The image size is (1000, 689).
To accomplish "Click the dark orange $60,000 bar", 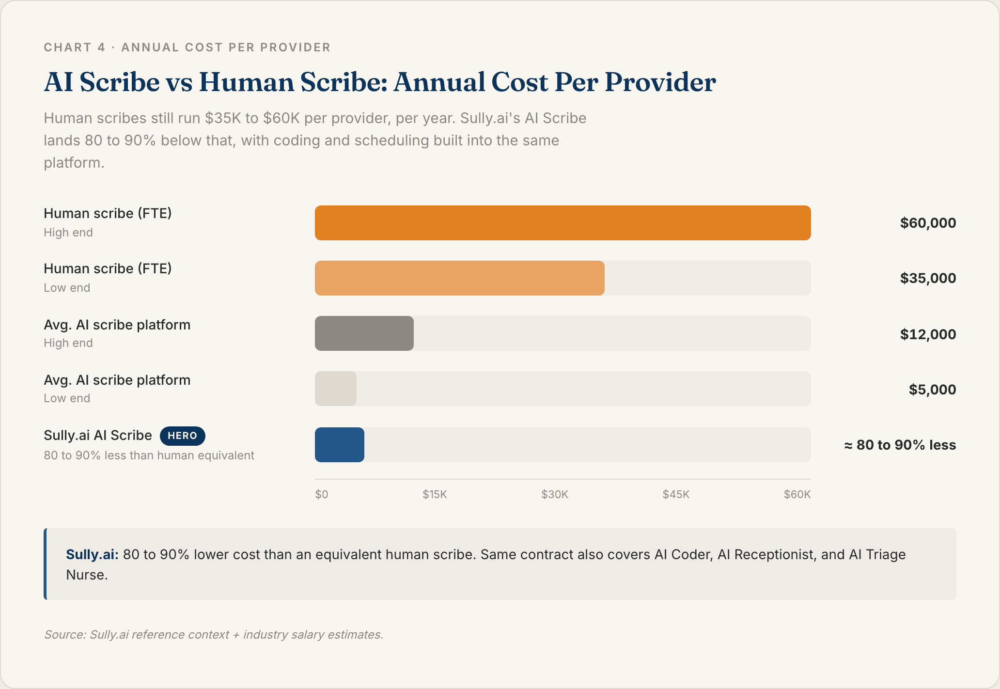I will (562, 223).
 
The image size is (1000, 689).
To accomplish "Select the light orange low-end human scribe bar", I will (459, 278).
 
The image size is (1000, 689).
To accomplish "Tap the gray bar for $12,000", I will (364, 333).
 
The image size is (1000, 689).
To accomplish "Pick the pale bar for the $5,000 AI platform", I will (335, 389).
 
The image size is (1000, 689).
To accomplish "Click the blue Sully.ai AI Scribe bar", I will (339, 445).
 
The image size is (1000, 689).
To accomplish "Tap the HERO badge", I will (182, 436).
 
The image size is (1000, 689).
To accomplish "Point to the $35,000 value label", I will (927, 278).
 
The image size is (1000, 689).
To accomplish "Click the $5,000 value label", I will (932, 390).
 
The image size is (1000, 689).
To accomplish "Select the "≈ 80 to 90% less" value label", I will (900, 445).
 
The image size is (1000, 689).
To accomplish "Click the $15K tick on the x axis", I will (435, 494).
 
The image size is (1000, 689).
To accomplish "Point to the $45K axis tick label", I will (675, 494).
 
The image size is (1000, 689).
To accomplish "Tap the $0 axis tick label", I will (322, 494).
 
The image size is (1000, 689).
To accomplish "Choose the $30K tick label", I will (554, 494).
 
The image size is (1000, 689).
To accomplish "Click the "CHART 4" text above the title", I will (74, 47).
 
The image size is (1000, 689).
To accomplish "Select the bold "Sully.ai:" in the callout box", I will (92, 554).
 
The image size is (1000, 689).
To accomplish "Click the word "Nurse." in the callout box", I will (87, 575).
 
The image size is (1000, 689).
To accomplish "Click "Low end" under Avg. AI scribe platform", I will (67, 398).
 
